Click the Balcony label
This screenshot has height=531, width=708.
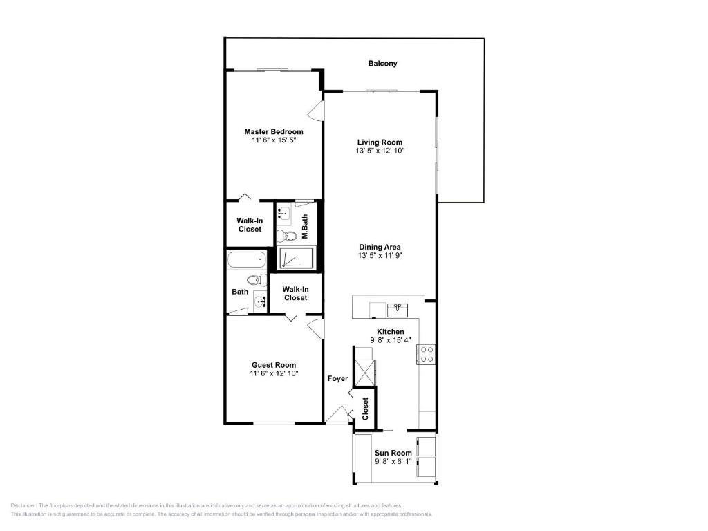pos(382,64)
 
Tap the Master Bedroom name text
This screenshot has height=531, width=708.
pos(273,131)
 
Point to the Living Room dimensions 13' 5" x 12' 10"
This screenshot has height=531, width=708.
pos(380,151)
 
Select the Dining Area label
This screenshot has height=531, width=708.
pos(380,247)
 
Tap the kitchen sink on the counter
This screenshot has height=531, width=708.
pos(398,308)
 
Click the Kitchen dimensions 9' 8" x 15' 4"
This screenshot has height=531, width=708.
pos(390,340)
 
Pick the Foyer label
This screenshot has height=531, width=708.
pos(337,378)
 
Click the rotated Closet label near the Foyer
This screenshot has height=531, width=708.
pos(365,408)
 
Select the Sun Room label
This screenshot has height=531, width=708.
pos(393,453)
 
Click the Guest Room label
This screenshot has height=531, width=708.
pos(273,365)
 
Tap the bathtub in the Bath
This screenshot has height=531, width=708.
pos(247,261)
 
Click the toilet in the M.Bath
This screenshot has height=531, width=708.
pos(290,236)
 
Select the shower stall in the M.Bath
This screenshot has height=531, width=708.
pos(296,258)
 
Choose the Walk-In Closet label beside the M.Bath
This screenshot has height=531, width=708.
pos(250,225)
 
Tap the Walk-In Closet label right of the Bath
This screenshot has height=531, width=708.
pos(295,293)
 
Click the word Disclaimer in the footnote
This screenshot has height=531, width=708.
pos(24,506)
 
